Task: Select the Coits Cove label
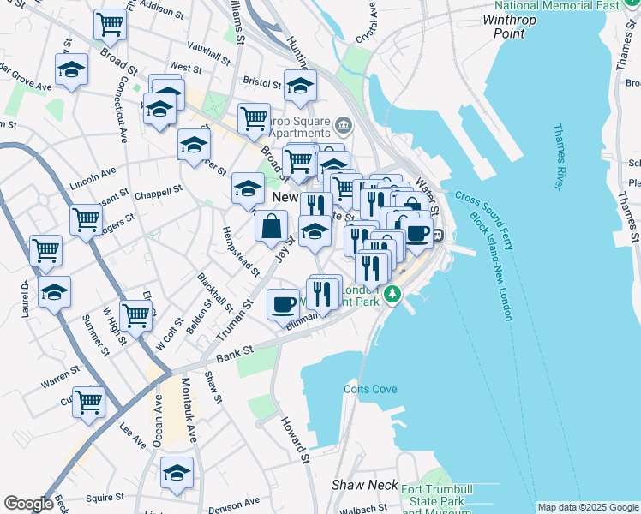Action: (370, 389)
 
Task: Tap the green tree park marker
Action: (392, 295)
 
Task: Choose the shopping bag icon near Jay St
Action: (272, 227)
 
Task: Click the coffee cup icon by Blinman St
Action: (283, 304)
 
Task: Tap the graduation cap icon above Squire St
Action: (177, 472)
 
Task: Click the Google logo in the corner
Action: (29, 504)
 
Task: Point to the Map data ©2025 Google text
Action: (587, 507)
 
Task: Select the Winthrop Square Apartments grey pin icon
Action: (344, 127)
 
